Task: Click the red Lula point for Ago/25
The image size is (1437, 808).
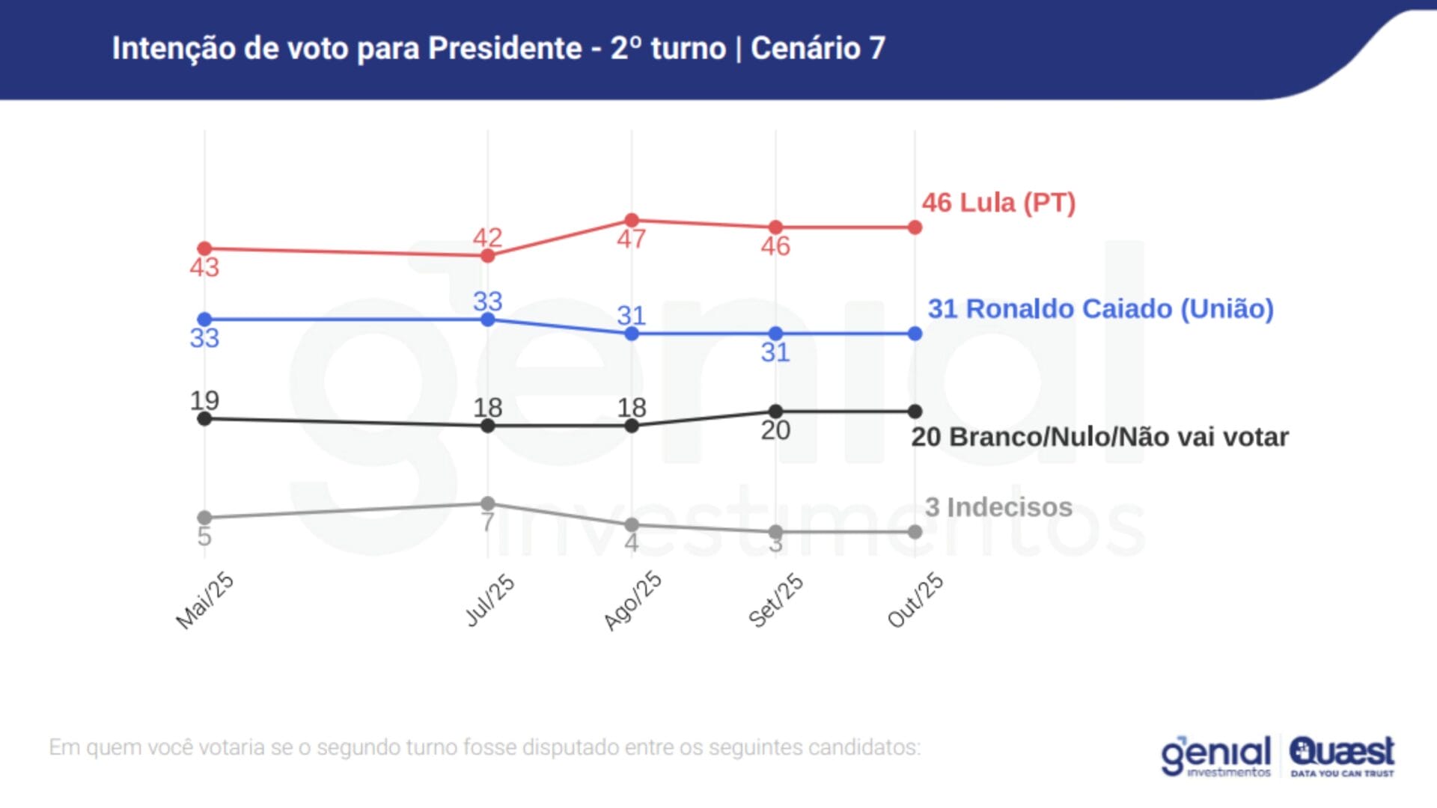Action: [x=632, y=220]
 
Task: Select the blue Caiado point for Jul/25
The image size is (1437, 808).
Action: [x=488, y=319]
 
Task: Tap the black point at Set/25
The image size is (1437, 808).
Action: [x=776, y=411]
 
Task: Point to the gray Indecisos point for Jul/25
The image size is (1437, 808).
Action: [x=488, y=504]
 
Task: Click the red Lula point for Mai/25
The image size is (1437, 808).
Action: [x=204, y=248]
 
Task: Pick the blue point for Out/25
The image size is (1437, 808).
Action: [x=915, y=334]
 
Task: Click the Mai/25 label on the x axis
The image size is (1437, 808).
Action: [x=205, y=601]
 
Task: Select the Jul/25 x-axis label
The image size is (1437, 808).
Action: [x=490, y=600]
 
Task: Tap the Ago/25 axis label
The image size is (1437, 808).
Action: [x=633, y=600]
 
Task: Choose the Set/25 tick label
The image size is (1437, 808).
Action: [x=776, y=600]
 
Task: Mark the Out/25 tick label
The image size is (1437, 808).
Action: [x=915, y=600]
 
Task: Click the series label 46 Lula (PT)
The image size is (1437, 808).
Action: [x=998, y=203]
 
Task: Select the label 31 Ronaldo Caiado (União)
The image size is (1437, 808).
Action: [x=1100, y=309]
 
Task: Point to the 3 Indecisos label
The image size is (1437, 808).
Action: [x=998, y=507]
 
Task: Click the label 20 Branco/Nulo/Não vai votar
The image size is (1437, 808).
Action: [x=1099, y=437]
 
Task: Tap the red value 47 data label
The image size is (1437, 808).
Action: [x=632, y=239]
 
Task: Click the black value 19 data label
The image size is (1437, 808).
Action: [x=204, y=400]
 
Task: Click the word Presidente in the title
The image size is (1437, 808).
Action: [x=504, y=49]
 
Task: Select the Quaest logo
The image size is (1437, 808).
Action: [x=1342, y=756]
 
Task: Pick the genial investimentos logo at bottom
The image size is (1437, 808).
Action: [x=1216, y=756]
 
